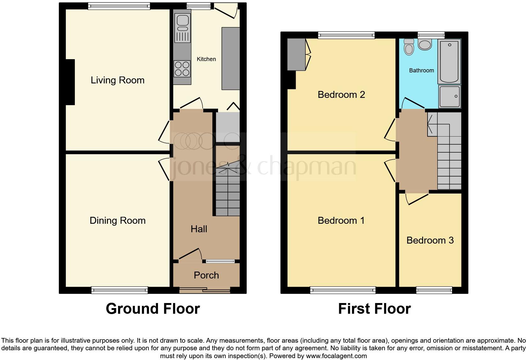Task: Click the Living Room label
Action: coord(117,80)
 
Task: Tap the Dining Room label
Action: coord(117,221)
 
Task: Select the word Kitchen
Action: coord(206,59)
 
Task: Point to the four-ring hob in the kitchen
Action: coord(182,69)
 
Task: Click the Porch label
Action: coord(206,275)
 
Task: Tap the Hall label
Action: coord(199,229)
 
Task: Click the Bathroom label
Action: coord(421,70)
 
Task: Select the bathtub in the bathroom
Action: coord(449,61)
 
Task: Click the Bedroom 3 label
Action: coord(430,240)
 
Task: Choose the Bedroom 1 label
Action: coord(341,221)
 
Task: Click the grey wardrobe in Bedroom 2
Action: coord(296,54)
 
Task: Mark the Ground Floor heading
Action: coord(153,309)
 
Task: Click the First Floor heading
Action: coord(374,309)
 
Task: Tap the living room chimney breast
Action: coord(70,82)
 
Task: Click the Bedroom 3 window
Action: coord(434,290)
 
